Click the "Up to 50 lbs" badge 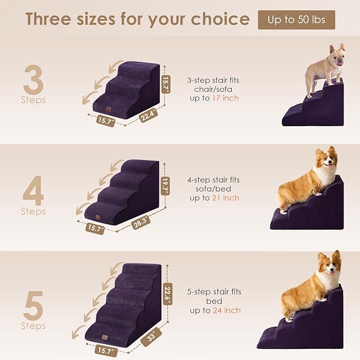coord(296,20)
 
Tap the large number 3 coord(33,79)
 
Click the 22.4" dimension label coord(148,116)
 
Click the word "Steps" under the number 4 coord(33,212)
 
